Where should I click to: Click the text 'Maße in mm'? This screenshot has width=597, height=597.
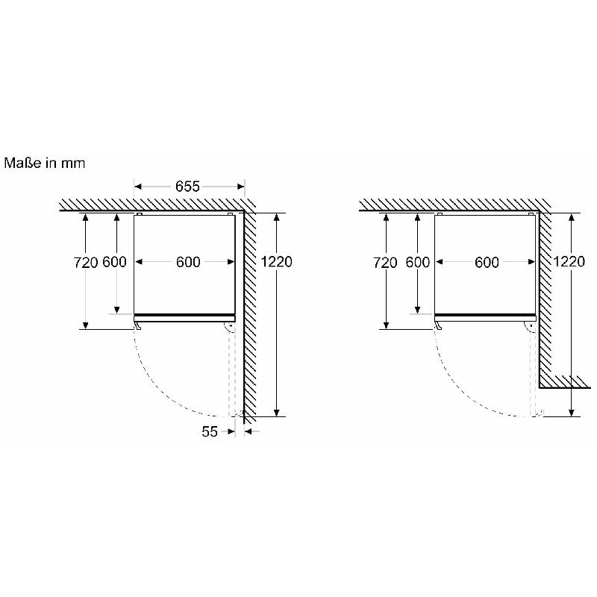coord(45,163)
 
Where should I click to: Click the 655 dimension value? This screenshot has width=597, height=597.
coord(187,186)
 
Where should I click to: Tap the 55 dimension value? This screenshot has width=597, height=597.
coord(210,431)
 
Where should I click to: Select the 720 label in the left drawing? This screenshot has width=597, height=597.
coord(85,263)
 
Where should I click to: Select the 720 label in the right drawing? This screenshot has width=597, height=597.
coord(385,263)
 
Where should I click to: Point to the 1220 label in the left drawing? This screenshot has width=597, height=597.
coord(276,262)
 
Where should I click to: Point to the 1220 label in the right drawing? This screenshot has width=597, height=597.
coord(569,262)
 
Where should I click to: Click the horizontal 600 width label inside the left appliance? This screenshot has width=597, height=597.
coord(188,262)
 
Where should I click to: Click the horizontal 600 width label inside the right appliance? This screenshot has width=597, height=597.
coord(487,262)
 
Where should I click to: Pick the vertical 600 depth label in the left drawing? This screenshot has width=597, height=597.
coord(115,262)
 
